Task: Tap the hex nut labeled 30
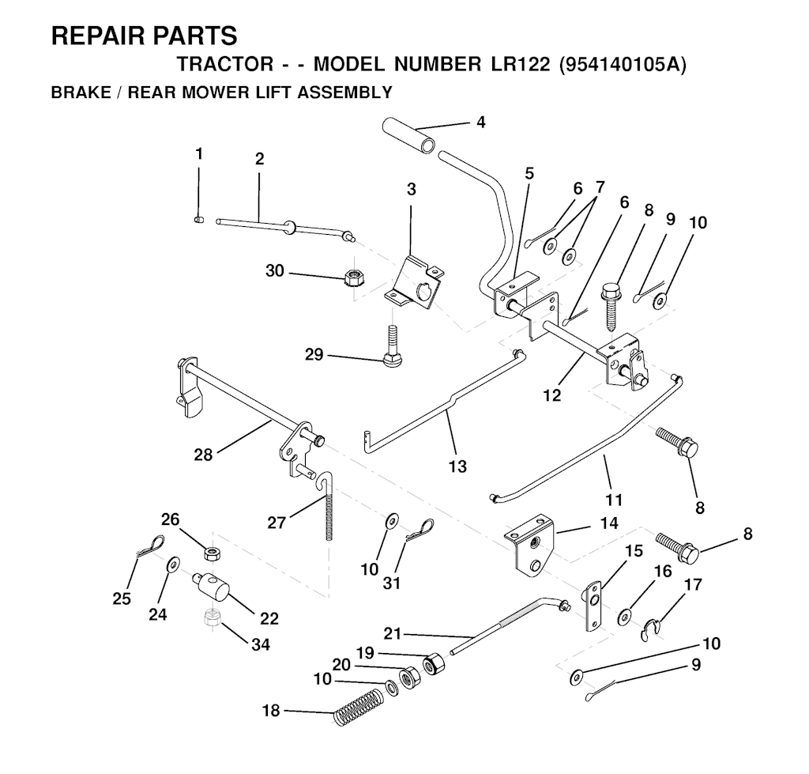pos(354,278)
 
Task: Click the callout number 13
pos(457,466)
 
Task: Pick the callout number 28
pos(203,455)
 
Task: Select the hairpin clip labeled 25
pos(150,546)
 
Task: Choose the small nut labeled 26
pos(211,554)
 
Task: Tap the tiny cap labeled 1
pos(198,220)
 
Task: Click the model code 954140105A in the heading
pos(623,66)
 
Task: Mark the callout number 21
pos(392,633)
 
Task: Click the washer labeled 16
pos(626,615)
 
